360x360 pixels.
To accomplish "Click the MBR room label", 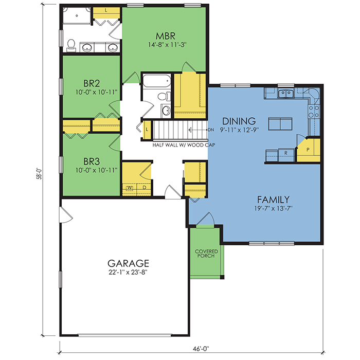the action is click(165, 36).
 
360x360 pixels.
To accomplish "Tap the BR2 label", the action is click(92, 83).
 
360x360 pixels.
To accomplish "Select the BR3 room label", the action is click(92, 161).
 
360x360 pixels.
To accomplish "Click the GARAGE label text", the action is click(128, 263).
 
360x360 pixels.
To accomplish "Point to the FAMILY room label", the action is click(273, 200).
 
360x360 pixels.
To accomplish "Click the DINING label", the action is click(239, 121).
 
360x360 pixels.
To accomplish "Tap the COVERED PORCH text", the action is click(206, 254).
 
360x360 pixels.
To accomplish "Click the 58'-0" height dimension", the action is click(39, 173).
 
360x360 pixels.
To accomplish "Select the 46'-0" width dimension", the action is click(201, 349).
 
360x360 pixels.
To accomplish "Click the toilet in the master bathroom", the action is click(71, 45).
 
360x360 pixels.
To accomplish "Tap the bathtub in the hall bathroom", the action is click(157, 81).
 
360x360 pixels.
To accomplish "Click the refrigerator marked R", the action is click(286, 155).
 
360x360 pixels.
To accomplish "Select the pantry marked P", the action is click(309, 150).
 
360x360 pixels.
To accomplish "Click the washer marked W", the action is click(130, 188).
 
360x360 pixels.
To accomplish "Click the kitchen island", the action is click(280, 124).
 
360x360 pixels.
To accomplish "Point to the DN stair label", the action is click(211, 130).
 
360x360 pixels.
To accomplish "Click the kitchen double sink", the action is click(285, 94).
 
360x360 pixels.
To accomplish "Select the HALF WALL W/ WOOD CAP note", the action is click(184, 145).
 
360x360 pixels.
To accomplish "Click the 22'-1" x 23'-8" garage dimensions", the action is click(128, 273).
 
